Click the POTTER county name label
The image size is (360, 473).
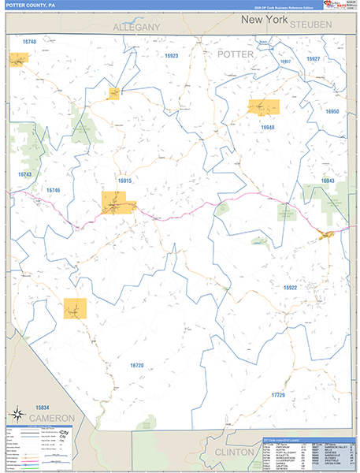236,54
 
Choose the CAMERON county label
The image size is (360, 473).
53,417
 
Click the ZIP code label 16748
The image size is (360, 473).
29,41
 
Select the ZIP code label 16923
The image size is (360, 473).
172,56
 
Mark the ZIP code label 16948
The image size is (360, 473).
268,127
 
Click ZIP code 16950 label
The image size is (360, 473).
332,112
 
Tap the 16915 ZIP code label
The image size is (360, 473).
124,181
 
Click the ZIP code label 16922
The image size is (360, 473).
291,288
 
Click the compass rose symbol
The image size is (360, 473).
17,413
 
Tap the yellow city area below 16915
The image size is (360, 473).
117,203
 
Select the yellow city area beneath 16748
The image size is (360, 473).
18,58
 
